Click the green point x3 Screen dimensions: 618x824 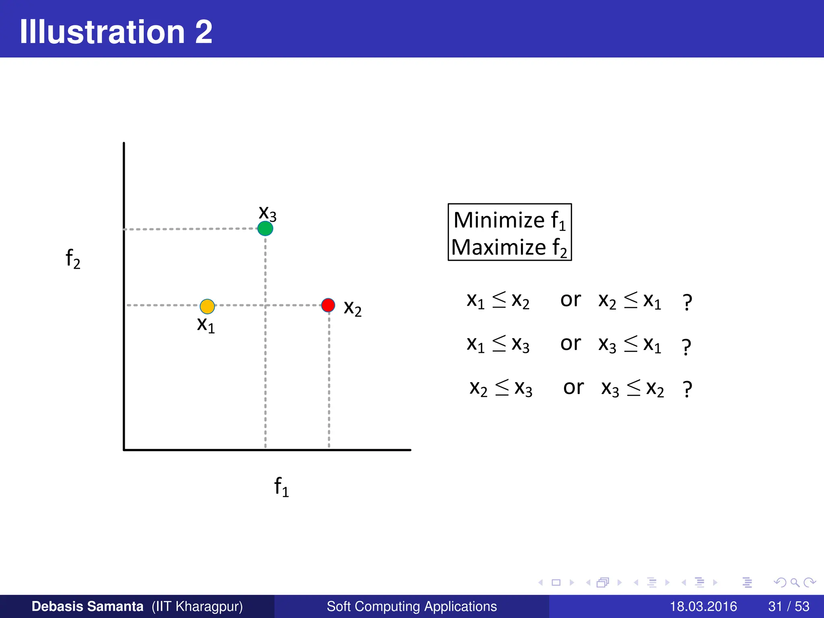point(265,228)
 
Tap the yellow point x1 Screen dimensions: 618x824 point(207,306)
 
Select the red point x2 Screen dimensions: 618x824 point(328,305)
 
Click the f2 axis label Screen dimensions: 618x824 point(73,258)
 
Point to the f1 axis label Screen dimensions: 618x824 point(281,486)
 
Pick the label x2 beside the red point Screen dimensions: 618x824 point(352,308)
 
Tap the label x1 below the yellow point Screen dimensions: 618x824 point(206,325)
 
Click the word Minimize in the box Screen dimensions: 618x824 point(499,220)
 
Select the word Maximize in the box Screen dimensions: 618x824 point(498,247)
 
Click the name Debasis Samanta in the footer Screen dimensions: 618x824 point(87,606)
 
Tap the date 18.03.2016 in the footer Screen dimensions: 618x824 point(703,606)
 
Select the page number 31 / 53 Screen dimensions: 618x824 point(789,606)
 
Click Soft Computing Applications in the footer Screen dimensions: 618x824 point(412,606)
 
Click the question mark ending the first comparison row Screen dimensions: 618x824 point(687,303)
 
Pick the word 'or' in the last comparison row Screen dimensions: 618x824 point(573,387)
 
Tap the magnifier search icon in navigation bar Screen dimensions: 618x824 point(795,582)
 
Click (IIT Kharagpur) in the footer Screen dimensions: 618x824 point(197,606)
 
